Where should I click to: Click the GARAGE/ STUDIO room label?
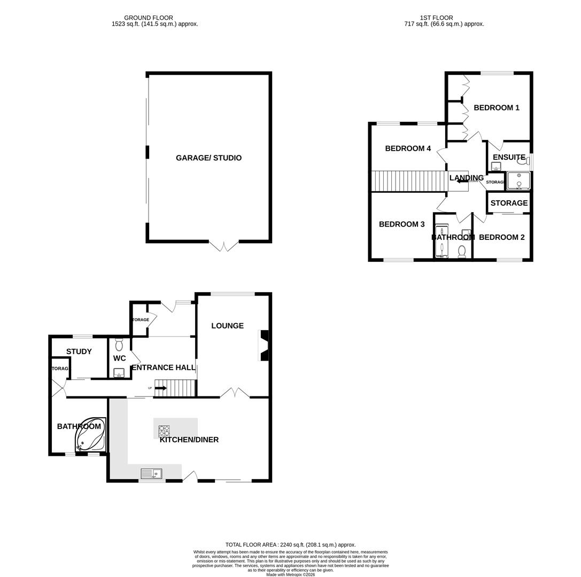tap(208, 158)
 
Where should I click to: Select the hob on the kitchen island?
tap(164, 431)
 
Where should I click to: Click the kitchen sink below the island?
tap(152, 473)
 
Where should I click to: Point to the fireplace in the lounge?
tap(264, 345)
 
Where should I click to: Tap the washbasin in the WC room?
tap(119, 372)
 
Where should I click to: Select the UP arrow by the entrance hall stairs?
tap(160, 388)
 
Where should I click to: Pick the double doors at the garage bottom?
tap(224, 246)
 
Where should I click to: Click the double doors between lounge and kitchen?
tap(235, 393)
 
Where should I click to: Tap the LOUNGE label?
tap(227, 325)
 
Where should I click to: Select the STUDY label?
tap(79, 352)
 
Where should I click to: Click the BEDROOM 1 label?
tap(497, 107)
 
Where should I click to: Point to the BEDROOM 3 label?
tap(401, 224)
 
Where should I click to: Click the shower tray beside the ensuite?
tap(518, 181)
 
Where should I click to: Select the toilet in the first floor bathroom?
tap(462, 251)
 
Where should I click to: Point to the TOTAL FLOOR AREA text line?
tap(290, 545)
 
